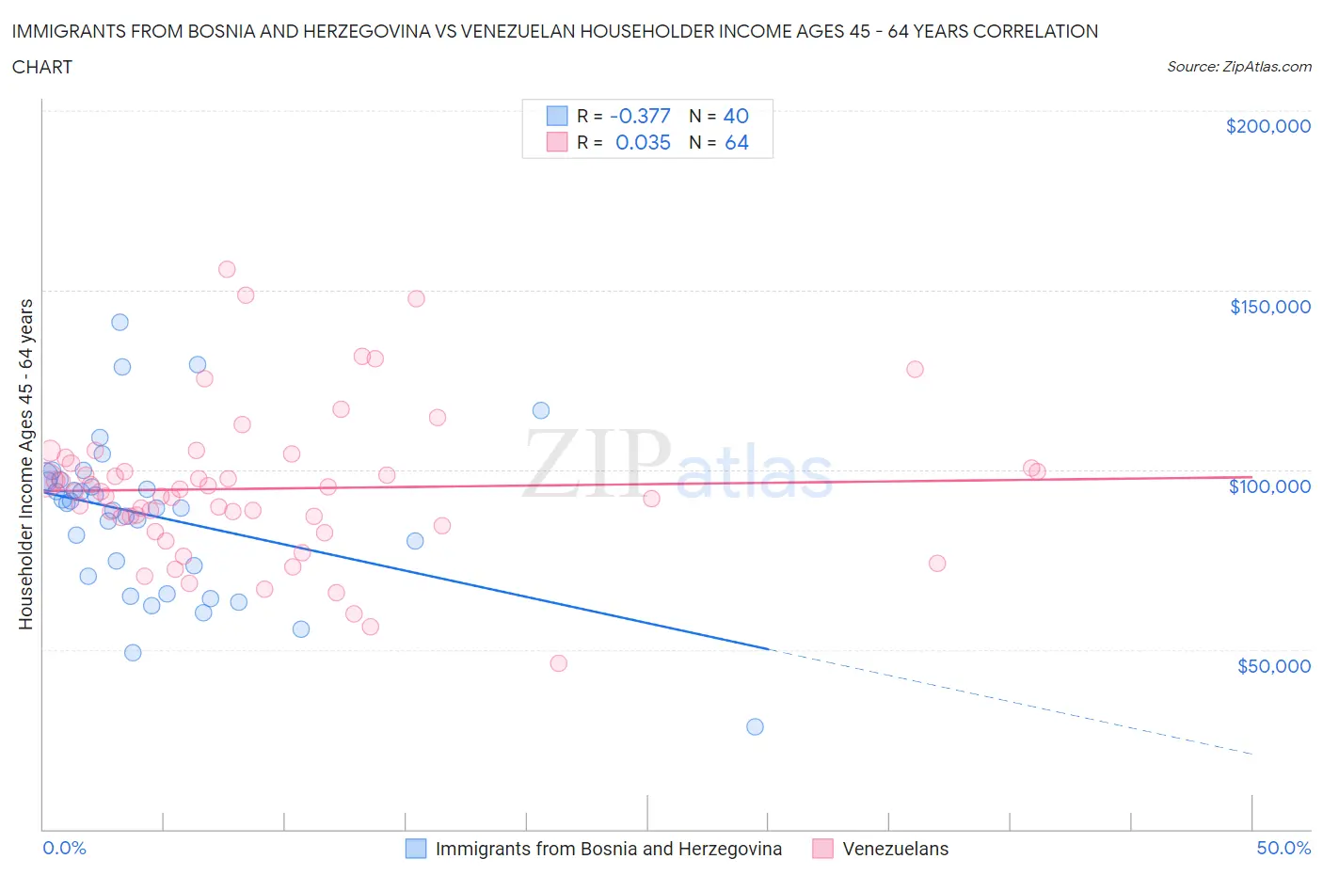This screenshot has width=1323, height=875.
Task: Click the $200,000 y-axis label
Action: click(x=1267, y=126)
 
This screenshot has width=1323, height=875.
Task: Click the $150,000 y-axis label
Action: click(x=1269, y=307)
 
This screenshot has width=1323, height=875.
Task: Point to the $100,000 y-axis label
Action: click(x=1269, y=486)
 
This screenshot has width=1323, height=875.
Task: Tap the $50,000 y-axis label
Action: click(x=1273, y=666)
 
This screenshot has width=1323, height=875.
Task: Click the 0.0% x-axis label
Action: click(x=64, y=848)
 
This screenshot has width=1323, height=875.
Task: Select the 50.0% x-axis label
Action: click(x=1283, y=848)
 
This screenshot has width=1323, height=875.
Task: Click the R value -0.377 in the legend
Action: click(x=640, y=116)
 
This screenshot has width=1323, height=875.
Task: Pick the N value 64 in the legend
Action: click(x=737, y=142)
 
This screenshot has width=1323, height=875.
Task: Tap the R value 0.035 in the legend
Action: click(x=643, y=142)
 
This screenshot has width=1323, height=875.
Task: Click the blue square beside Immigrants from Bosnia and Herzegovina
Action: click(x=416, y=849)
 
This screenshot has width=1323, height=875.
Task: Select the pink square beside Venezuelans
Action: click(x=822, y=849)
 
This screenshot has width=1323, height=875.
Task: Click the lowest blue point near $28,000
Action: click(x=755, y=726)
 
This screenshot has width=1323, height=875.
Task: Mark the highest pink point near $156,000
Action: click(x=227, y=269)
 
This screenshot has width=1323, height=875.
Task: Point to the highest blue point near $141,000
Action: click(x=120, y=322)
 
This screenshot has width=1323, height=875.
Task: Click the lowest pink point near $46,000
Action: click(x=558, y=663)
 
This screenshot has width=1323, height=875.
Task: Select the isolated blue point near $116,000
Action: click(x=541, y=410)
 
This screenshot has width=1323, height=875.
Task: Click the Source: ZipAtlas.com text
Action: click(x=1238, y=67)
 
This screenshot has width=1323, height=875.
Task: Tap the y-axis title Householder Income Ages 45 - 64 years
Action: click(x=26, y=464)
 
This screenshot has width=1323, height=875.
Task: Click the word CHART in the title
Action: click(x=42, y=67)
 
